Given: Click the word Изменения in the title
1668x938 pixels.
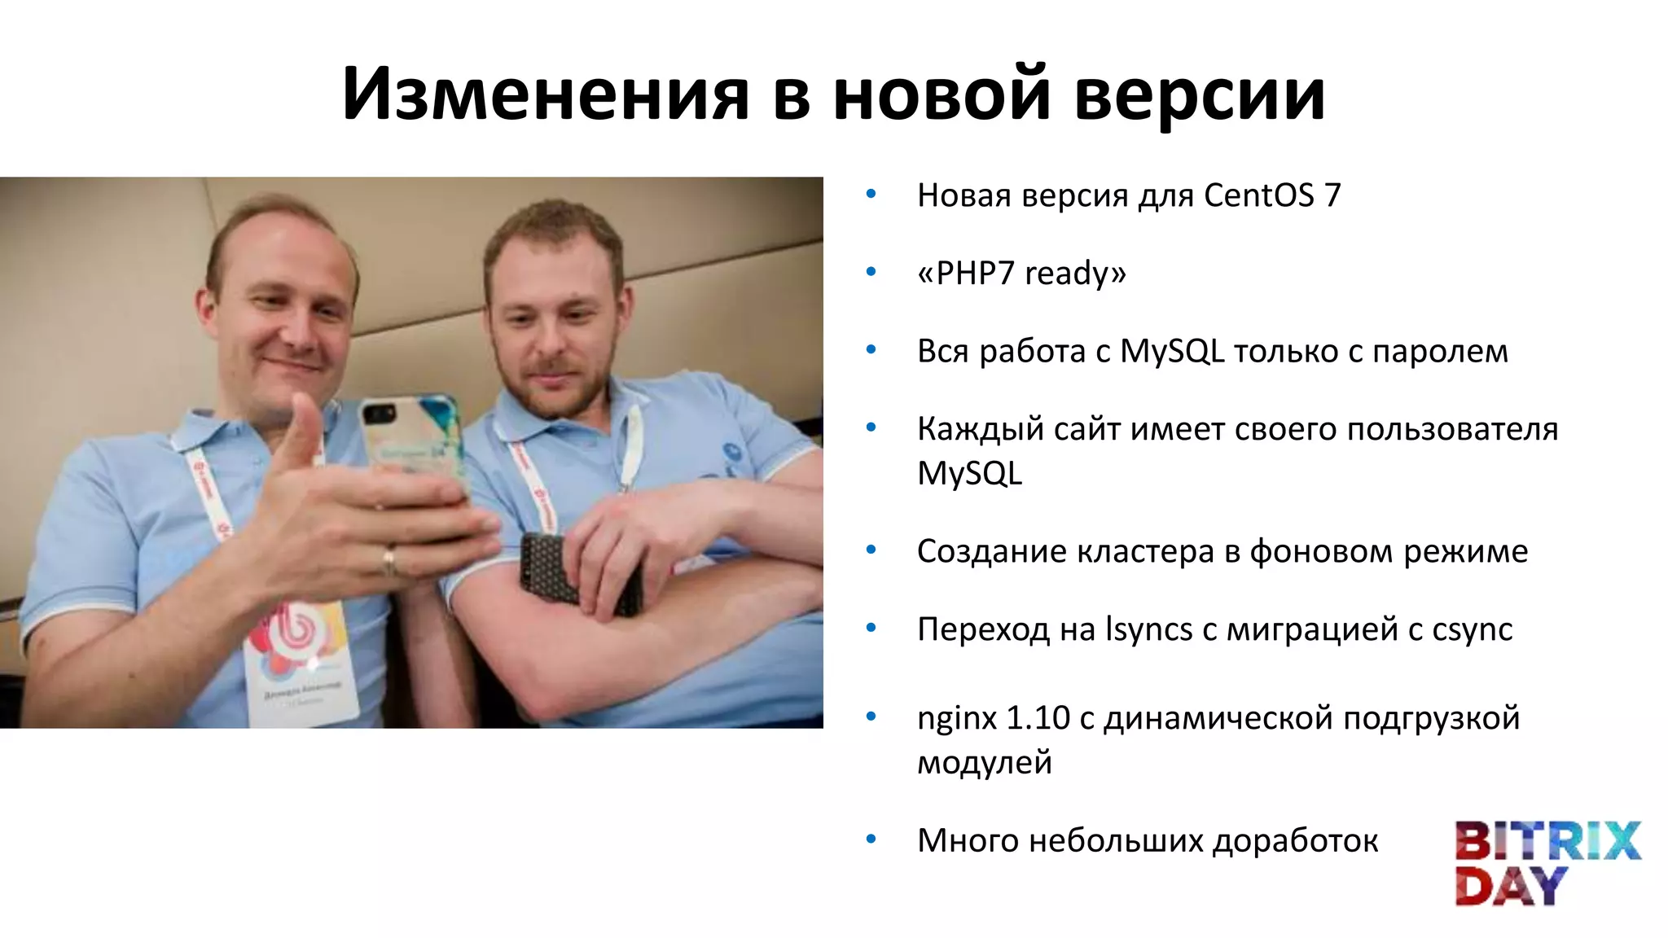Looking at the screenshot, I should pos(545,94).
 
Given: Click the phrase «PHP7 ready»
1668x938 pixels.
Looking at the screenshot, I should pos(1021,274).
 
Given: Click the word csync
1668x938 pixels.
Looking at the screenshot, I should pos(1472,629).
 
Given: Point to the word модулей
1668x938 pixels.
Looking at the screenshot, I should pos(984,763).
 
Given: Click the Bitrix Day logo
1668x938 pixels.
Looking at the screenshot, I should pos(1547,863).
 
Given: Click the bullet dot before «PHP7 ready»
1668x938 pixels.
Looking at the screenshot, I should pos(871,272).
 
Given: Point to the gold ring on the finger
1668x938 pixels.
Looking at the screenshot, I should pos(389,560).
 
